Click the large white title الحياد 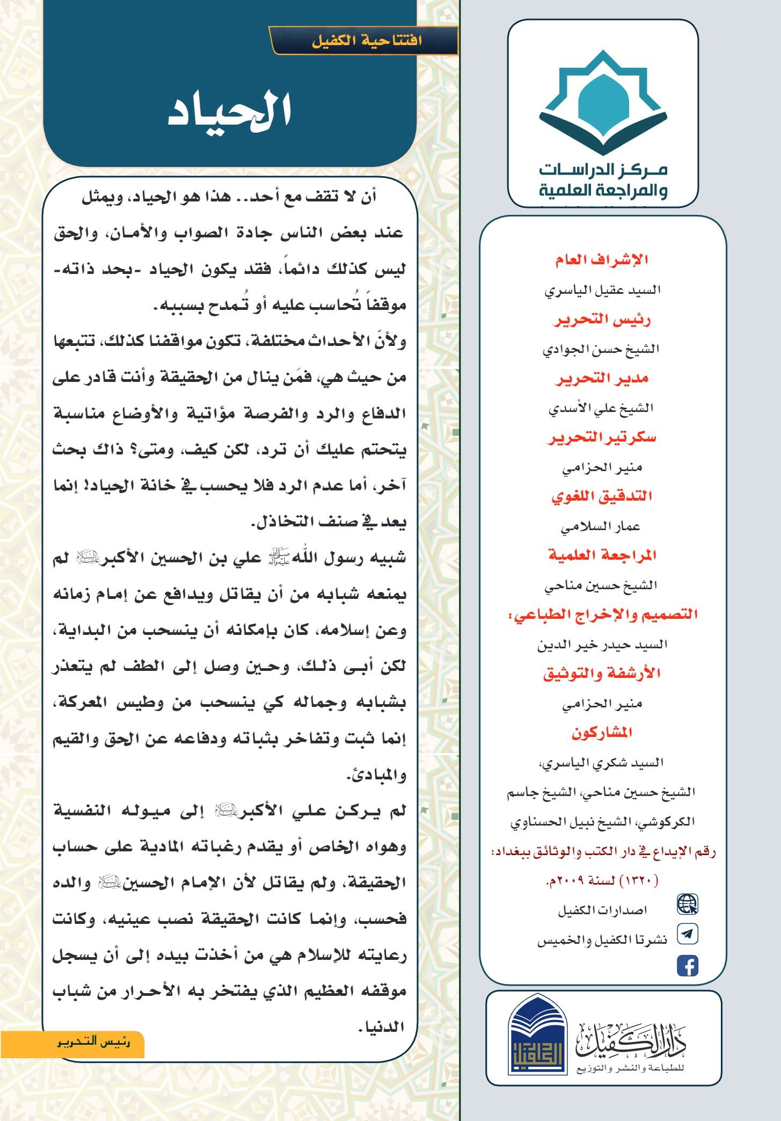tap(230, 111)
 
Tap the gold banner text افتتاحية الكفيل tap(367, 41)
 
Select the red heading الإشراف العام tap(602, 261)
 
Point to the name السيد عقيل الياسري tap(602, 291)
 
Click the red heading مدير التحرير tap(602, 379)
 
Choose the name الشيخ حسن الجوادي tap(601, 350)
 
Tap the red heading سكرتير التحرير tap(602, 438)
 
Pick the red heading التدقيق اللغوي tap(602, 496)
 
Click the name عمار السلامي tap(601, 527)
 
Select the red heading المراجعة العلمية tap(602, 555)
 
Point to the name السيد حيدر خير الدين tap(602, 645)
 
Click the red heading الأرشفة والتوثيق tap(602, 674)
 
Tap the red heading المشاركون tap(602, 733)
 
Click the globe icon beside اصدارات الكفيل tap(687, 905)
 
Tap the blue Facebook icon tap(687, 965)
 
